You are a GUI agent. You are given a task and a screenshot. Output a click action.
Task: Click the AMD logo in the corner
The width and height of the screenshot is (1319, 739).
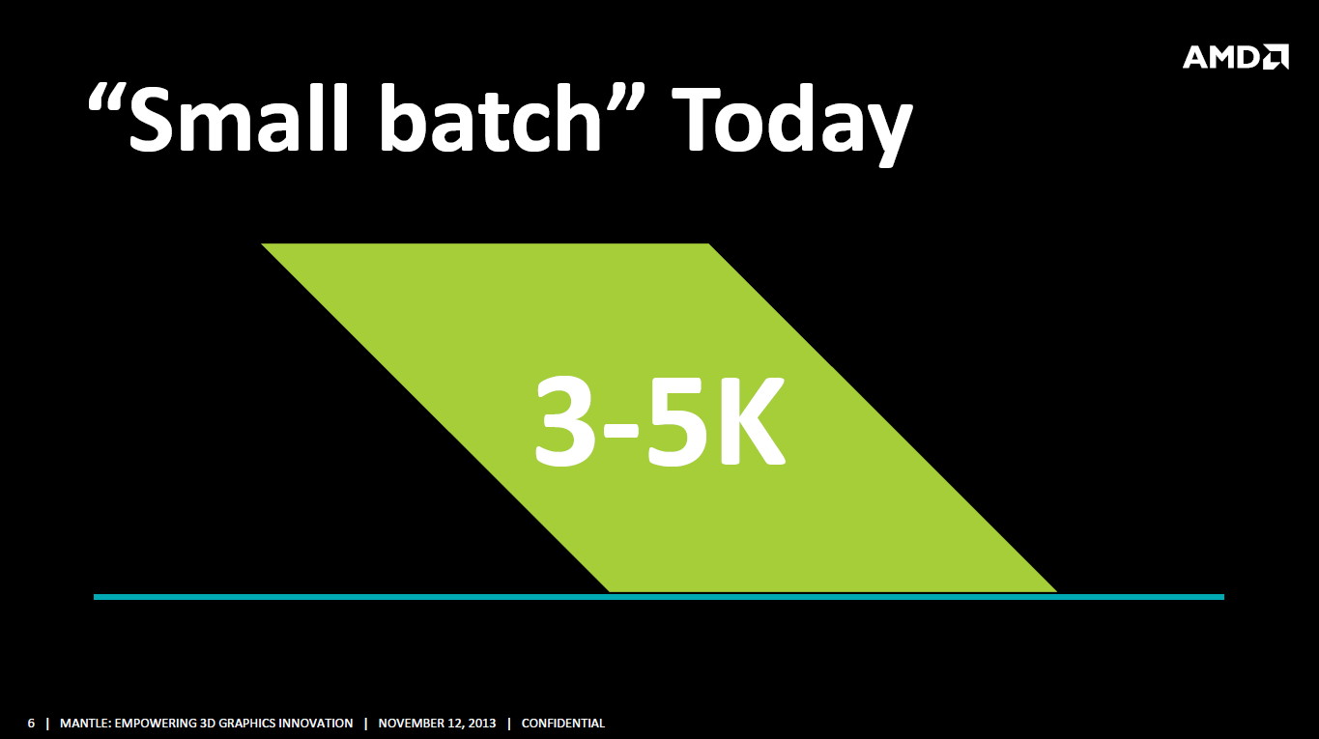coord(1235,57)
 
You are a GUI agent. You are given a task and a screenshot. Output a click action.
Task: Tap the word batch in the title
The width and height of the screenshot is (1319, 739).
coord(491,118)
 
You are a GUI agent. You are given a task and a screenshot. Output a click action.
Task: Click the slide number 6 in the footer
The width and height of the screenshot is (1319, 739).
coord(31,724)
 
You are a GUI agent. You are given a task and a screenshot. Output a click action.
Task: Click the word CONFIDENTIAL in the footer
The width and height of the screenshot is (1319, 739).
coord(563,724)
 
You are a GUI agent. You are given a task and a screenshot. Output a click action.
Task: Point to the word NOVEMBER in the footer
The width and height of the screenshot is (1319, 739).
coord(413,724)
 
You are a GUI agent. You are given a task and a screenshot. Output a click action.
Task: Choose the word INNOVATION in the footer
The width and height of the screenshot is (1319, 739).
coord(316,724)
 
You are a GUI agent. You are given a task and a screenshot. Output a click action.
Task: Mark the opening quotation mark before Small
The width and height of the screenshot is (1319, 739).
coord(106,98)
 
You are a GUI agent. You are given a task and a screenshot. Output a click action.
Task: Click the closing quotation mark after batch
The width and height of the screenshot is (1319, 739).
coord(626,98)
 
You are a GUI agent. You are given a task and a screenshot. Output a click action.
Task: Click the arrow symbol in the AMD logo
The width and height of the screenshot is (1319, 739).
coord(1275,57)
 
